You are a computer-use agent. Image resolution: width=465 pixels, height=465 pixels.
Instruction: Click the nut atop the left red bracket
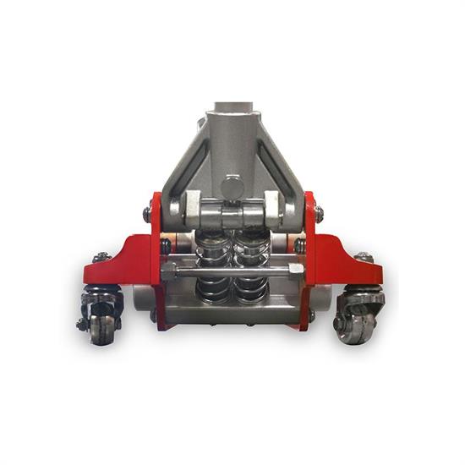click(102, 256)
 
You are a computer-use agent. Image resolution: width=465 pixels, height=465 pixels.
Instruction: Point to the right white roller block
click(272, 208)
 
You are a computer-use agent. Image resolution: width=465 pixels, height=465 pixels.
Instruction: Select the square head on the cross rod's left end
click(168, 271)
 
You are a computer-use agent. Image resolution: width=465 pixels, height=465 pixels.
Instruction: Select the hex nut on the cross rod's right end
click(295, 269)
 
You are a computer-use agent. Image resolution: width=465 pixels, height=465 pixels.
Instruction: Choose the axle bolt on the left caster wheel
click(83, 323)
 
